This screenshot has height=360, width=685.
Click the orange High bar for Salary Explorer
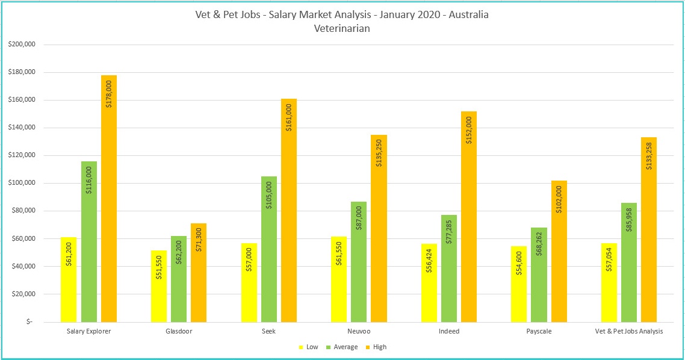pos(109,199)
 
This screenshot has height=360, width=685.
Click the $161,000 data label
pos(289,117)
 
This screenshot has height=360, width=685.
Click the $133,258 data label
pos(649,155)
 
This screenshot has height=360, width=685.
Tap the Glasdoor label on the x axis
pos(179,332)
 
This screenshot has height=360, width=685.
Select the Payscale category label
pos(539,332)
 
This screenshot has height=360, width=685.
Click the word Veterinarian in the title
pos(342,28)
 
